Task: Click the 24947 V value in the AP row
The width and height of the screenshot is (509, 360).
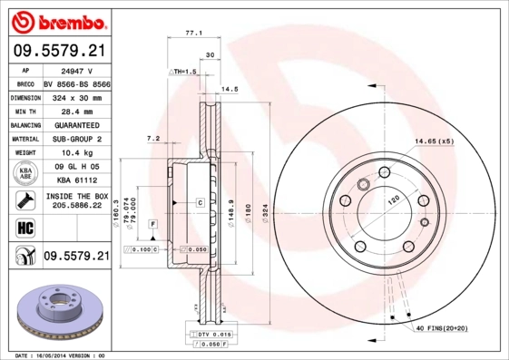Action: click(75, 68)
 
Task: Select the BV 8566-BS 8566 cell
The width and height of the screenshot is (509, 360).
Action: click(75, 83)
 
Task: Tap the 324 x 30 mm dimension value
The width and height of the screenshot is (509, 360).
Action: click(75, 96)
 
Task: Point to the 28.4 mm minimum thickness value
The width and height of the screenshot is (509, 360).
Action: click(75, 111)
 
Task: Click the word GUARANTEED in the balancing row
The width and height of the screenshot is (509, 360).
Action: click(75, 124)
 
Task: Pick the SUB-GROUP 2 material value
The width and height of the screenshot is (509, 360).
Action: click(75, 139)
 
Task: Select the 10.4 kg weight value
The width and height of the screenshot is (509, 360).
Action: click(75, 153)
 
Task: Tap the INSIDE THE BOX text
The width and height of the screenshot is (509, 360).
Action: click(75, 196)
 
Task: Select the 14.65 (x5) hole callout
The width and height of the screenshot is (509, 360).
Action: click(434, 141)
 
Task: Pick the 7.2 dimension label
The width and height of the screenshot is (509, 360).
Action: click(152, 139)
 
